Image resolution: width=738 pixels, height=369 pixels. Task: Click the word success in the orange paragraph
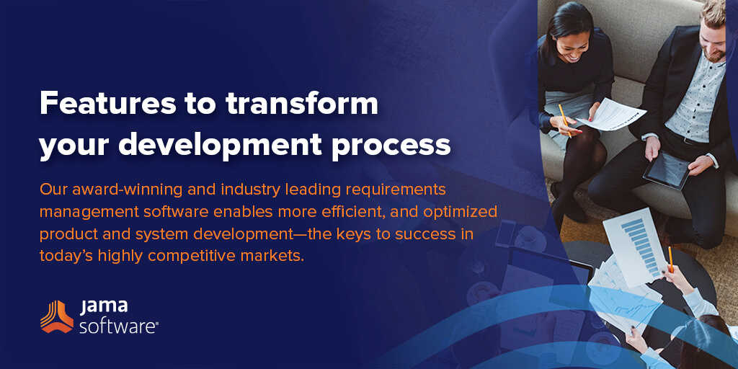pos(399,234)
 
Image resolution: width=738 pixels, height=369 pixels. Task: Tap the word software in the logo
pos(117,326)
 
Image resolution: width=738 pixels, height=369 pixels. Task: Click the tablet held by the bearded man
pos(667,169)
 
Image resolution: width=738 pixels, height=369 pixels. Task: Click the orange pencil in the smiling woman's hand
pos(564,120)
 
